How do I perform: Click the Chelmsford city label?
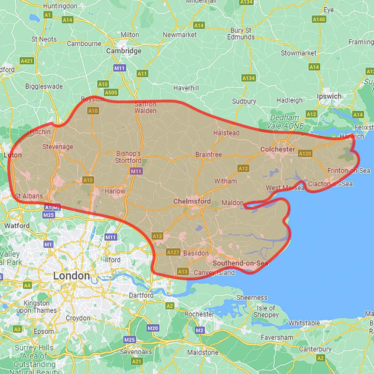coord(192,201)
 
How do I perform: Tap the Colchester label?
coord(278,149)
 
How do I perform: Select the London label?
coord(71,276)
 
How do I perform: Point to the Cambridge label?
coord(124,51)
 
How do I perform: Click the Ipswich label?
coord(329,96)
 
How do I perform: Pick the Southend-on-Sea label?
coord(240,263)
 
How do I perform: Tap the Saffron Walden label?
coord(145,107)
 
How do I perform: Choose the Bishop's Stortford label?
coord(129,157)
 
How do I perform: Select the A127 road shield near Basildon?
coord(173,252)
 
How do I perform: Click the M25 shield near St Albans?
coord(49,215)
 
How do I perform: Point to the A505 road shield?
coord(111,92)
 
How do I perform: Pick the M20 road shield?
coord(153,328)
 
